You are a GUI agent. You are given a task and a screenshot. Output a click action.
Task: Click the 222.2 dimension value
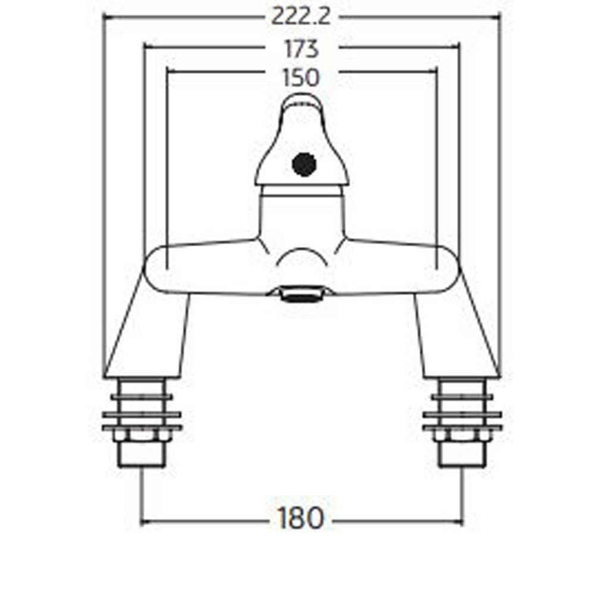(300, 17)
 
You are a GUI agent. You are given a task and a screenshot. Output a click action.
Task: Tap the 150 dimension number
(302, 77)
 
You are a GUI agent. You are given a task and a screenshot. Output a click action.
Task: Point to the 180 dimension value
(300, 519)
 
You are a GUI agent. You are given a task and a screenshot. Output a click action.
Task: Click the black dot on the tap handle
(304, 164)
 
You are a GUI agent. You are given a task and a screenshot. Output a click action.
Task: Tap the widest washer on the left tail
(142, 415)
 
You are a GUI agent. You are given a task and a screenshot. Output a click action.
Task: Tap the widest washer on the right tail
(462, 415)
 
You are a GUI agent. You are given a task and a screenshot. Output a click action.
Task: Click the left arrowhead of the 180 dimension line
(145, 523)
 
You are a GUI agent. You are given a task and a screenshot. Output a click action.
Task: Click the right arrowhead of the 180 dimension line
(459, 523)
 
